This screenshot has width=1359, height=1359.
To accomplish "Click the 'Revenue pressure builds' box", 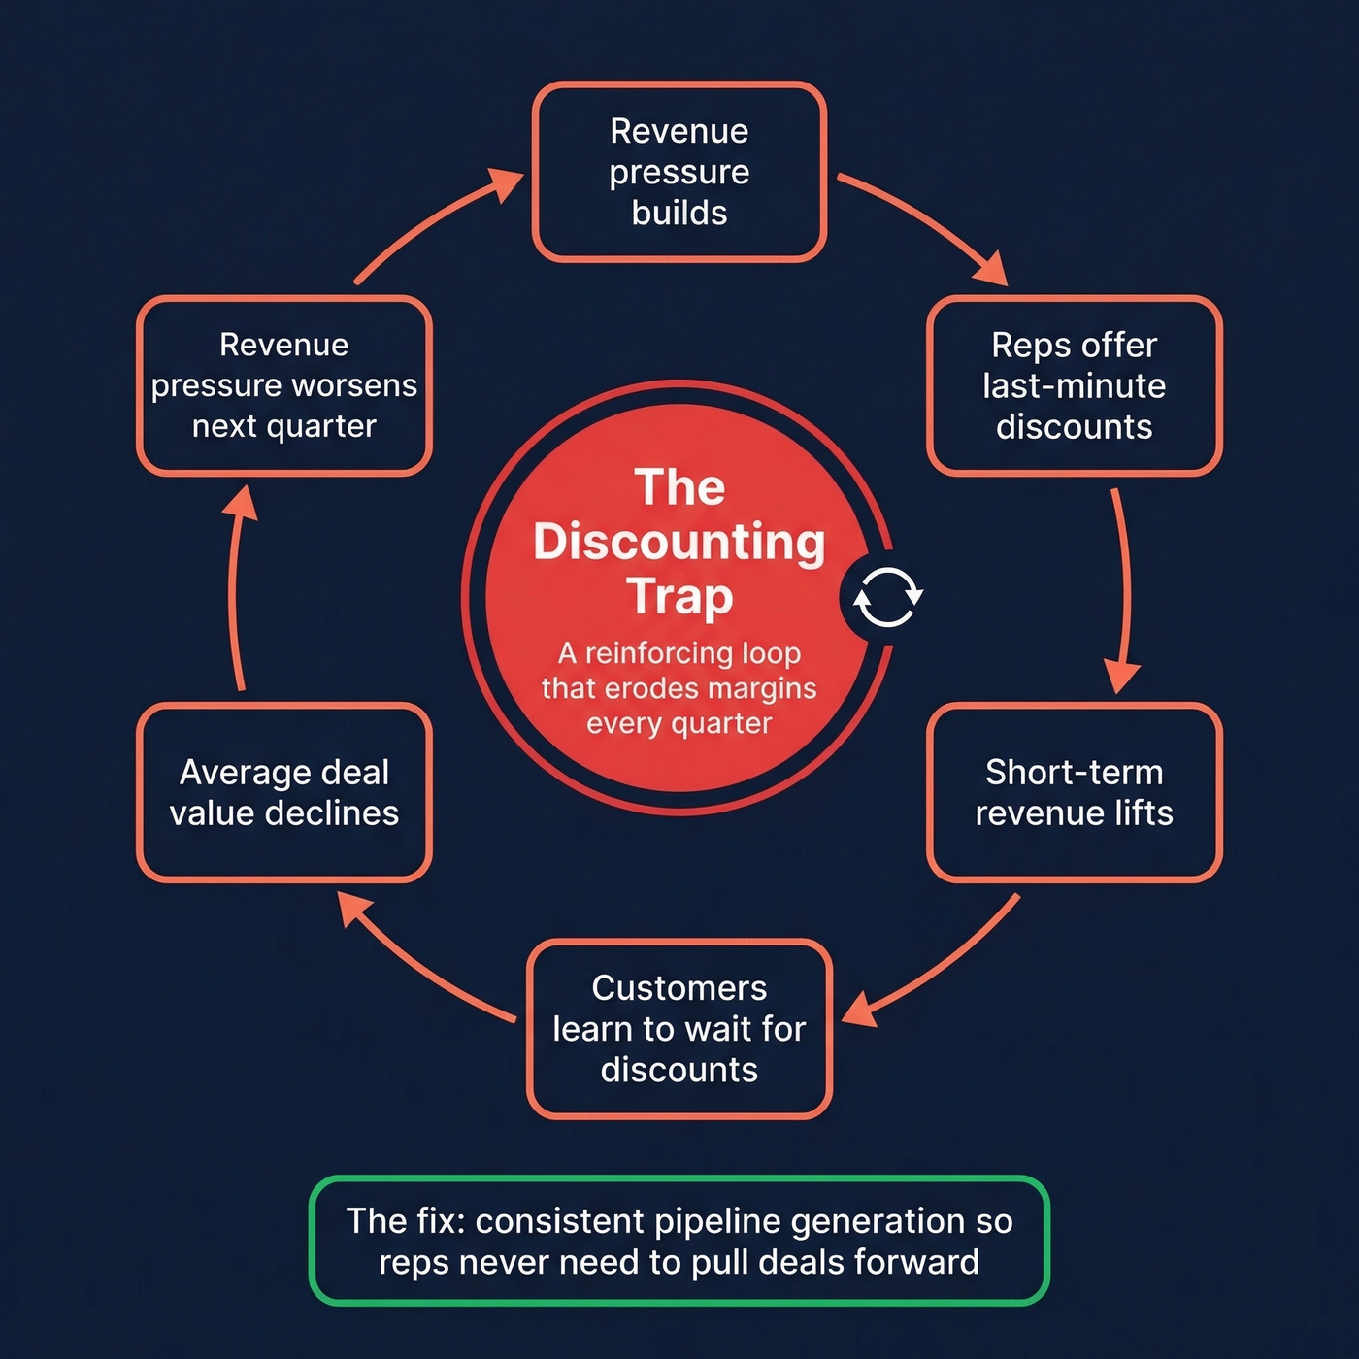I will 679,172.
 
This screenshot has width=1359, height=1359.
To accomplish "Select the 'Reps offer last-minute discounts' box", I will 1074,385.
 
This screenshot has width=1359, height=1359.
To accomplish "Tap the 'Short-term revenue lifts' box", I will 1074,792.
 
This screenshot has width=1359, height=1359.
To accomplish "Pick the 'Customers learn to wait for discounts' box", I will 679,1028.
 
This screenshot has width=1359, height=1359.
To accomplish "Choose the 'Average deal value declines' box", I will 284,792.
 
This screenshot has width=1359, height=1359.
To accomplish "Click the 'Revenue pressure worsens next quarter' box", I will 284,385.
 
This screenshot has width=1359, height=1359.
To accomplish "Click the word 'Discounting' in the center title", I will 679,542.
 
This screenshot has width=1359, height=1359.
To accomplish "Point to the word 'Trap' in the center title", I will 679,596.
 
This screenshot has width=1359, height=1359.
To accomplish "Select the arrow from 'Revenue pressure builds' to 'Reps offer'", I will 927,223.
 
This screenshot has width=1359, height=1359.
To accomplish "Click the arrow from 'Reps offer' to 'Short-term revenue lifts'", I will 1125,592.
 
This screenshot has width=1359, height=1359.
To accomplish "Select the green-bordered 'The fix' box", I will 679,1241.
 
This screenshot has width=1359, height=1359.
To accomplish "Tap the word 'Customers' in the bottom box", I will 679,988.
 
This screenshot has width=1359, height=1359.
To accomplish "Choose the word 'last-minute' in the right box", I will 1074,386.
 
